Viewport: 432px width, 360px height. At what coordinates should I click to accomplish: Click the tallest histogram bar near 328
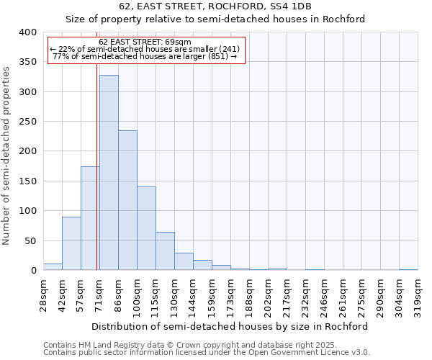pos(109,173)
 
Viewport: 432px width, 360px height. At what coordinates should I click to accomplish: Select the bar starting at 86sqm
pos(127,200)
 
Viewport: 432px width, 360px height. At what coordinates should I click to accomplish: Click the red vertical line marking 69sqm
pos(96,180)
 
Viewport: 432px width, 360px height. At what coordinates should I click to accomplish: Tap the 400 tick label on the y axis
pos(27,32)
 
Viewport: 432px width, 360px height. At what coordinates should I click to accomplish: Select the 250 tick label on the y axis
pos(27,122)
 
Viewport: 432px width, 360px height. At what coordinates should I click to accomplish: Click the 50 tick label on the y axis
pos(30,240)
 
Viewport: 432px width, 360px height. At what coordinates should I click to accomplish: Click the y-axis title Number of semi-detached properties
pos(7,155)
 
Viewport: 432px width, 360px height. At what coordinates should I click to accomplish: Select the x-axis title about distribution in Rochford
pos(230,326)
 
